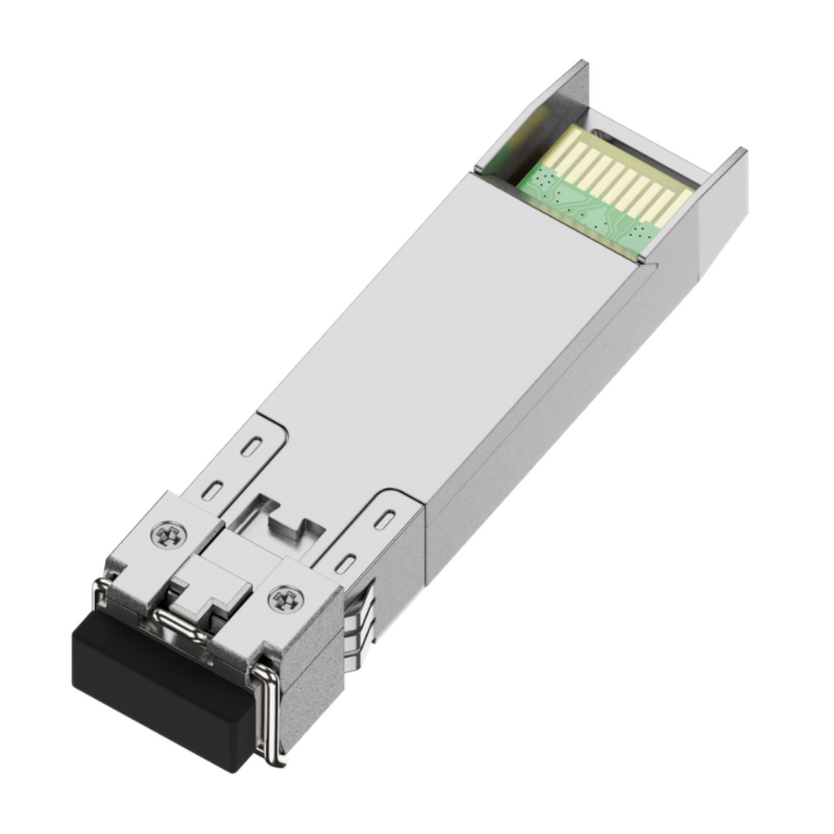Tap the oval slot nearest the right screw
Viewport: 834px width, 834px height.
(x=343, y=563)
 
